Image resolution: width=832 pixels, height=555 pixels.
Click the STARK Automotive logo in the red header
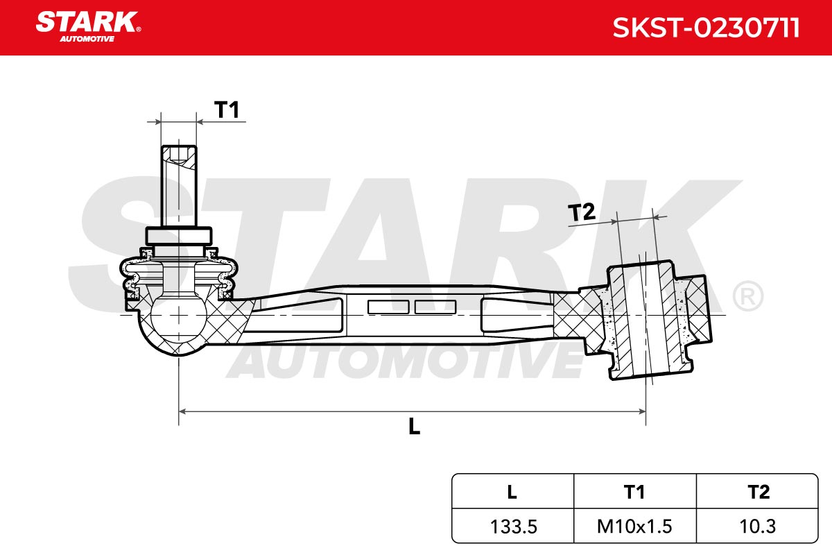(88, 27)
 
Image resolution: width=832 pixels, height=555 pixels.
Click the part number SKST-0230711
(706, 28)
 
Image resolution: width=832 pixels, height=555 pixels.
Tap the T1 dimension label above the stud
(226, 110)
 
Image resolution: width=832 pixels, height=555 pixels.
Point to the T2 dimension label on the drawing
(581, 212)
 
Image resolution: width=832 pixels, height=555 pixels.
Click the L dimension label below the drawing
(414, 426)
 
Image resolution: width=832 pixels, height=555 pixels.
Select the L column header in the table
(512, 492)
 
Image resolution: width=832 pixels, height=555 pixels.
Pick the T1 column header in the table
(634, 492)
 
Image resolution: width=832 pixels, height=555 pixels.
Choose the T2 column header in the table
(759, 492)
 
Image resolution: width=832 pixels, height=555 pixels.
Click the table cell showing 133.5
(513, 527)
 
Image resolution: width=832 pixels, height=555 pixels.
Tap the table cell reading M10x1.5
(634, 527)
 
